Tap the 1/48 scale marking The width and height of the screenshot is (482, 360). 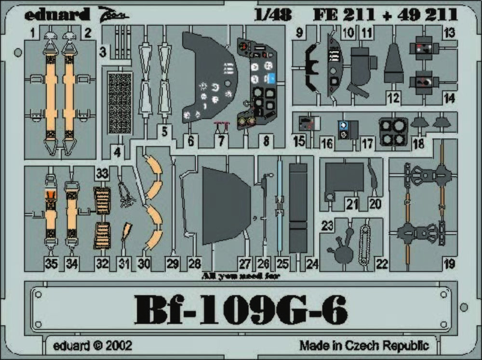tap(273, 15)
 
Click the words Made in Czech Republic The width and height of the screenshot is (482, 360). tap(364, 345)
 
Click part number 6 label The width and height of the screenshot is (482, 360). tap(191, 141)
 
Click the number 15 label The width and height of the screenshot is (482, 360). tap(299, 141)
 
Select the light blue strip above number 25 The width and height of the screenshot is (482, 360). tap(280, 205)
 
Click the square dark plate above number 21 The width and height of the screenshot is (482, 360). tap(344, 177)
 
